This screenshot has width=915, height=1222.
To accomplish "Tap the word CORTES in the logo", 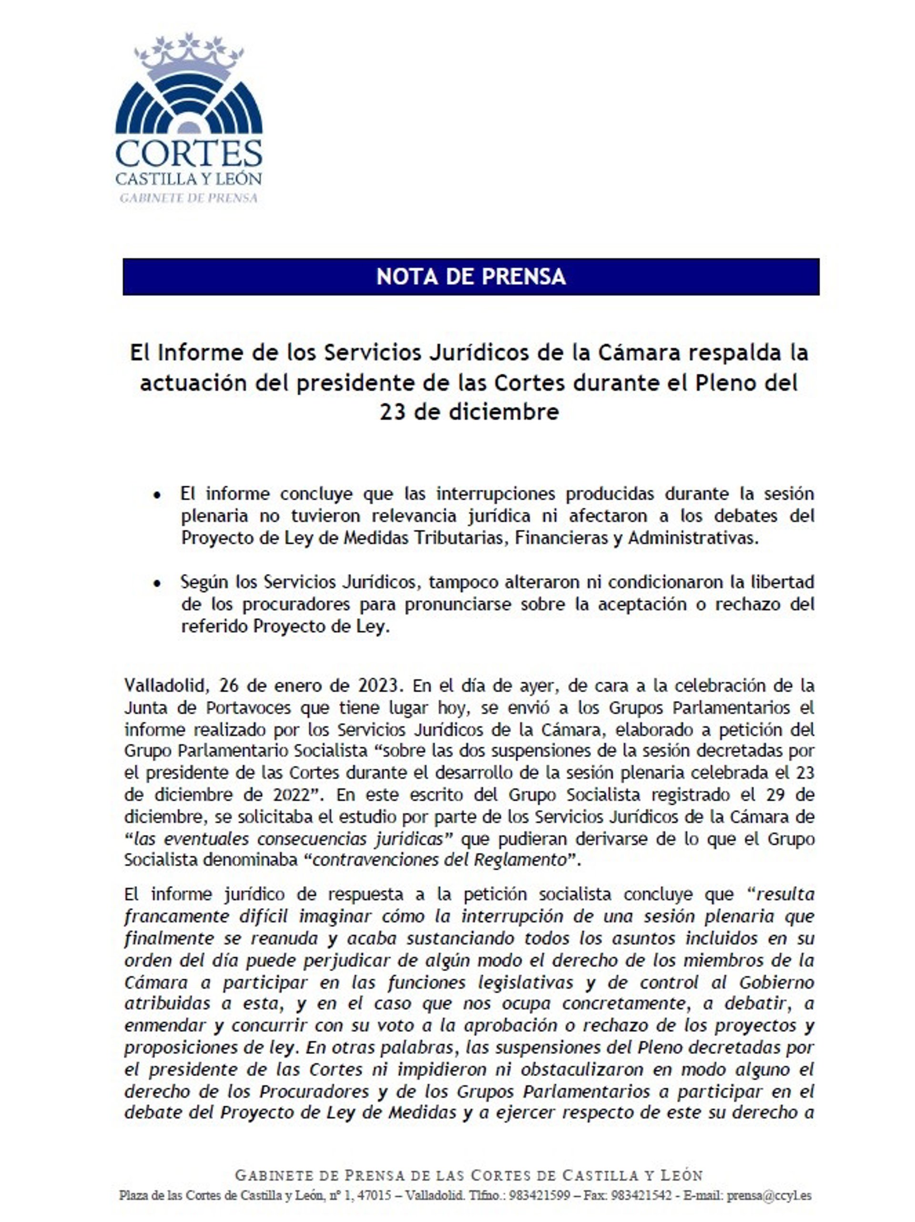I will [x=189, y=154].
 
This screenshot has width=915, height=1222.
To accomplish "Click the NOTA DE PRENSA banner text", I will [x=470, y=276].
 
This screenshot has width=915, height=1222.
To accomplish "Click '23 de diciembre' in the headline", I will [x=469, y=412].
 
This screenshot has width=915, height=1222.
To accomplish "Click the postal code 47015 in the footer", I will [x=376, y=1195].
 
